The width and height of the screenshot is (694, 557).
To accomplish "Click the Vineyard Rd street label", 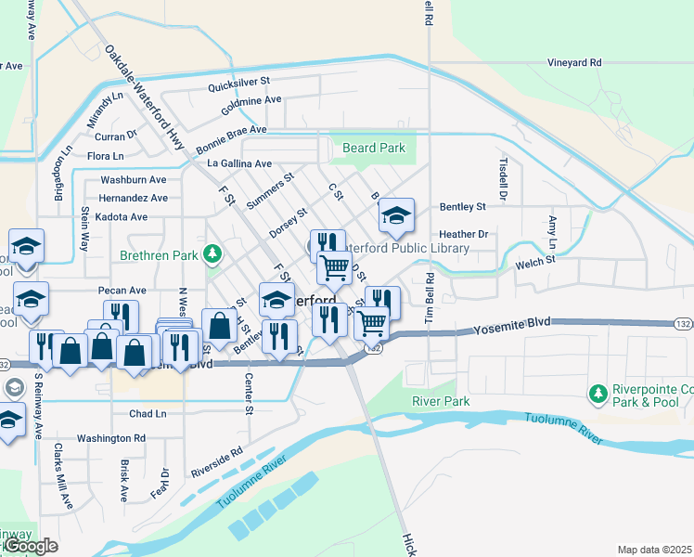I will (x=574, y=63).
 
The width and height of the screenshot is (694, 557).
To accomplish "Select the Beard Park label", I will (x=374, y=148).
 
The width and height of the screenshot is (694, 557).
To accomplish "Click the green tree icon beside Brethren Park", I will (x=212, y=253).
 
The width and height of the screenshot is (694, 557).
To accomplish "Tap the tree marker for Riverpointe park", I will (x=599, y=395).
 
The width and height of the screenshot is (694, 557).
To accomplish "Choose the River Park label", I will (x=441, y=402).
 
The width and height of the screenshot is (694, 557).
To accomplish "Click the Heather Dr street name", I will (x=464, y=235).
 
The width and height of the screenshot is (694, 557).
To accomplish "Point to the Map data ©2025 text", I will (x=654, y=550).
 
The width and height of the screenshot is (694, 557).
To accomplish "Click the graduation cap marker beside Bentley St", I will (x=396, y=217).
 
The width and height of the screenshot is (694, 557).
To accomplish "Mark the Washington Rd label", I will (x=111, y=438).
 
